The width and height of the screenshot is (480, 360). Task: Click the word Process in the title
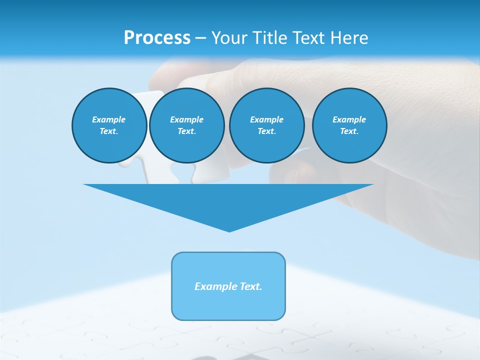(157, 38)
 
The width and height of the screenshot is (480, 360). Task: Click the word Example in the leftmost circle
(109, 119)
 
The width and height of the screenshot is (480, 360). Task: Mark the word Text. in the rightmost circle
(349, 131)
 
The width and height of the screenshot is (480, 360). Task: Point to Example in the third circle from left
(266, 119)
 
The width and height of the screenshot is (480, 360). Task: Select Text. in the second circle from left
(186, 131)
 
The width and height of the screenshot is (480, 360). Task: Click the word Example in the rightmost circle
(349, 119)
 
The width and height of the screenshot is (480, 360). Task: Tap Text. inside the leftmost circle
(109, 131)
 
